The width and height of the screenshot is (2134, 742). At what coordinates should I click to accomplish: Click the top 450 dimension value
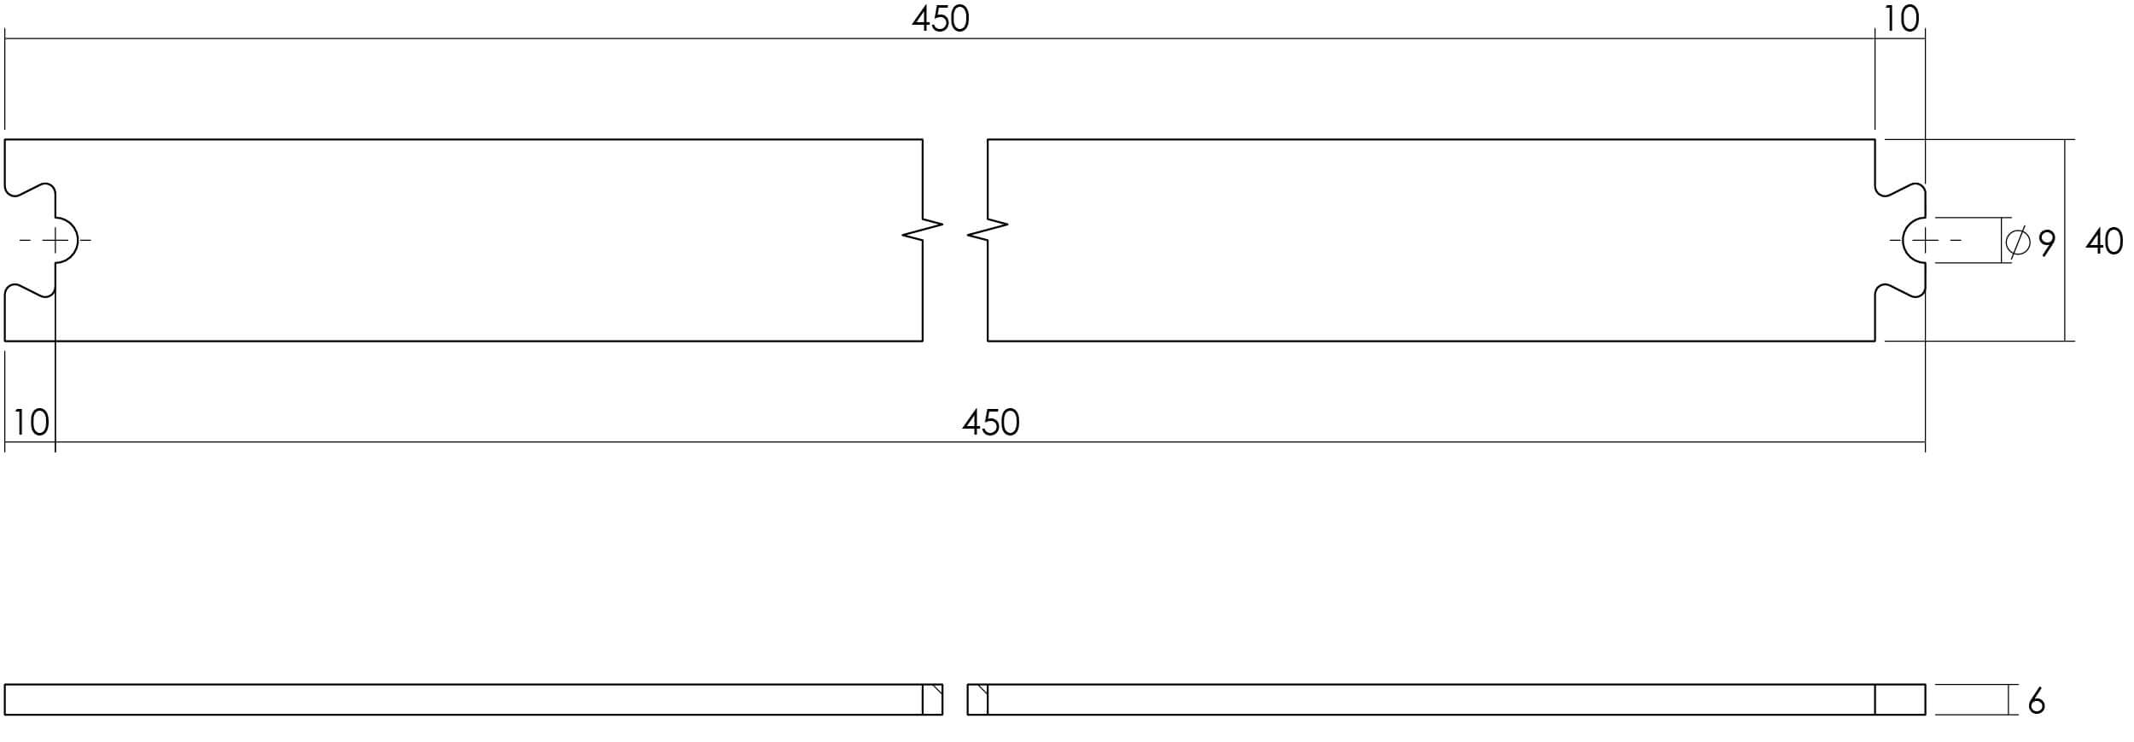tap(940, 19)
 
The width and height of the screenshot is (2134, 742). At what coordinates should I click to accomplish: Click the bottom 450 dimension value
tap(990, 423)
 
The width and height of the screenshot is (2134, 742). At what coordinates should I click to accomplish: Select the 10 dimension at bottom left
tap(32, 423)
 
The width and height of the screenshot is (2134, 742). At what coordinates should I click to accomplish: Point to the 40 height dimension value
tap(2104, 242)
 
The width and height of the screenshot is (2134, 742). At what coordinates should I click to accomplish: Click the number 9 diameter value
tap(2047, 244)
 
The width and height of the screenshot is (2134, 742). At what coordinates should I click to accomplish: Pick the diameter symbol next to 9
tap(2018, 242)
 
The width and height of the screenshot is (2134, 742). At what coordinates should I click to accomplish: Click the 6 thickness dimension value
tap(2037, 702)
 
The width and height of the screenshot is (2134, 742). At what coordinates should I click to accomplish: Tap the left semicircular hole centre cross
tap(55, 240)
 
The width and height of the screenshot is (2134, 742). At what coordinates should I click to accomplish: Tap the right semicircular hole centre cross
tap(1925, 240)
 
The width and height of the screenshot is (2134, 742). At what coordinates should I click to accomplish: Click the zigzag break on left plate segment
tap(923, 231)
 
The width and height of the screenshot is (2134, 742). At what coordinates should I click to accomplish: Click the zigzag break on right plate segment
tap(988, 231)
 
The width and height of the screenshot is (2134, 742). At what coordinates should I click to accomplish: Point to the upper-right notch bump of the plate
tap(1900, 190)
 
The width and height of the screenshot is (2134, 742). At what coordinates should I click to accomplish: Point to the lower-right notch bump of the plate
tap(1900, 290)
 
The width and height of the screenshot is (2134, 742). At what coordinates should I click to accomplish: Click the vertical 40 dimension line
tap(2065, 240)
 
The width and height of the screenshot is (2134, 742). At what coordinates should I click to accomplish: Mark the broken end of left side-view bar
tap(933, 699)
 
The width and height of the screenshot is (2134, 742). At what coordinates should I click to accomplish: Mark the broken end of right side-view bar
tap(977, 699)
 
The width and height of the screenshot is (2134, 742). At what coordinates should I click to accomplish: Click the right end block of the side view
tap(1900, 699)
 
